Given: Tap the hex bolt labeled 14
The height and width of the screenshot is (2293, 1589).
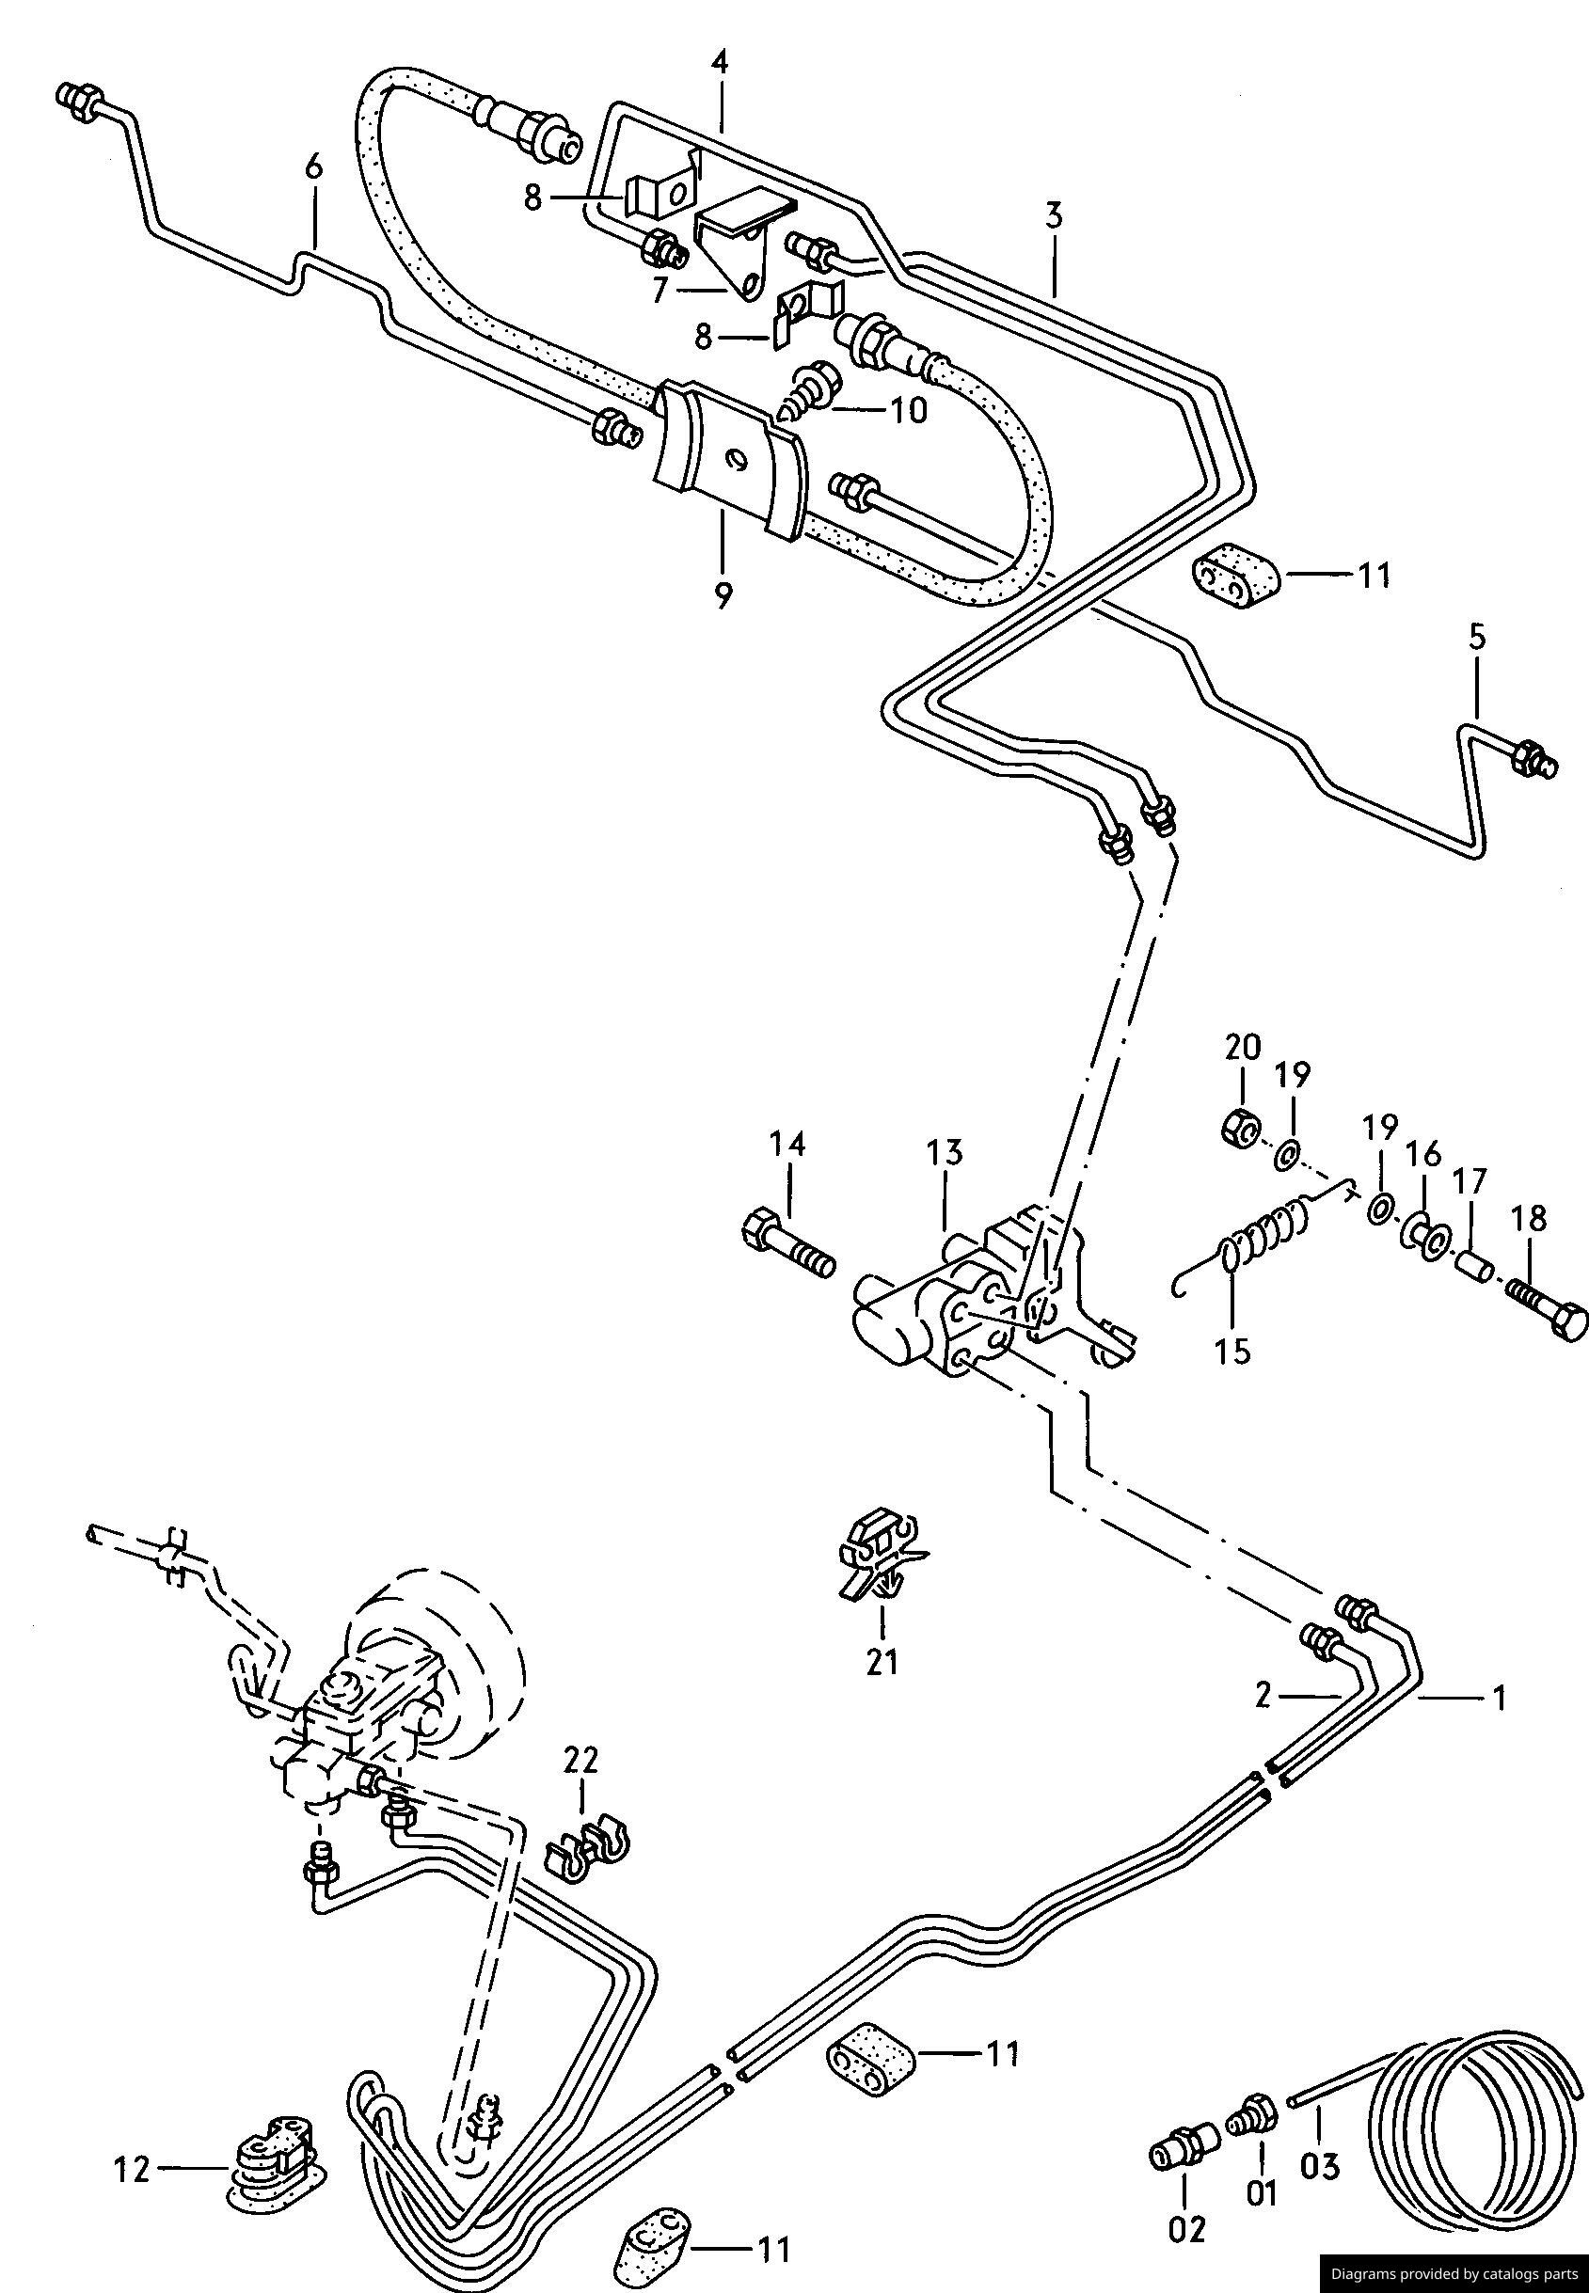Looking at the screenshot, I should click(x=787, y=1244).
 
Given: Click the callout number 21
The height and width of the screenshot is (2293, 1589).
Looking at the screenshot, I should click(x=882, y=1661).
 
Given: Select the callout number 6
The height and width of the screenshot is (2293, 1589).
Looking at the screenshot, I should click(x=313, y=167).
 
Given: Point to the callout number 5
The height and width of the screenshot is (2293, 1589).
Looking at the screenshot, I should click(x=1476, y=637).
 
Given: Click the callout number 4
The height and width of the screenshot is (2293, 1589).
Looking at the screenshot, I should click(x=720, y=63).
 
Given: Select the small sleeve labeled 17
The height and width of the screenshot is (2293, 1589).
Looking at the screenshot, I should click(x=1471, y=1269).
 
